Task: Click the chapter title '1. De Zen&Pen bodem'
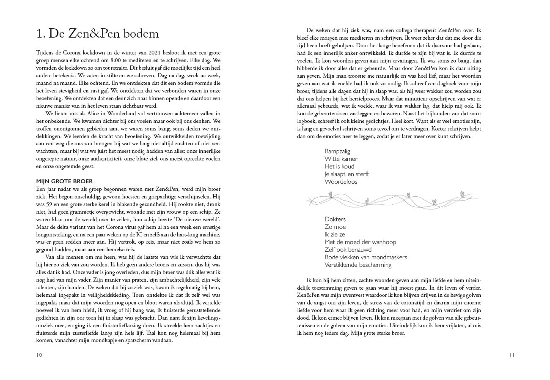tap(98, 33)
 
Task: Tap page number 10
tap(39, 355)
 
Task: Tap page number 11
tap(511, 355)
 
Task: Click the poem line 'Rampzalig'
tap(337, 151)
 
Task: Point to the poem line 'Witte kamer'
tap(341, 159)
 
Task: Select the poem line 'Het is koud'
tap(339, 166)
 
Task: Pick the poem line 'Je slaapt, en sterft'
tap(346, 174)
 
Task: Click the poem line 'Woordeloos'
tap(341, 182)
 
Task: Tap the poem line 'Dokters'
tap(335, 219)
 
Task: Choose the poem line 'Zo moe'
tap(335, 227)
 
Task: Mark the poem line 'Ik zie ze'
tap(335, 234)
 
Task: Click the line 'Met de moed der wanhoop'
tap(360, 242)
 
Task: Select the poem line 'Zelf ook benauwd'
tap(348, 250)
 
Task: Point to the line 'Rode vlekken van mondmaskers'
tap(366, 257)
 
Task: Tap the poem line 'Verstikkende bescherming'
tap(358, 265)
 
